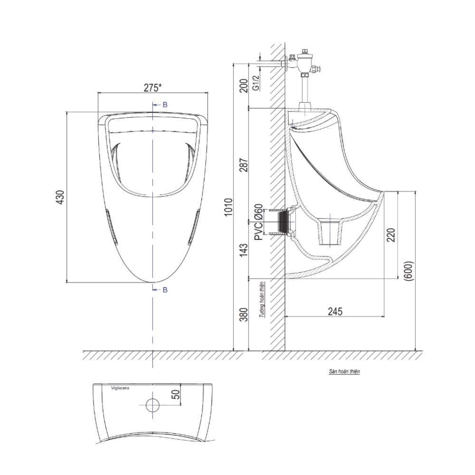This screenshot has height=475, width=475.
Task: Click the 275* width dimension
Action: tap(152, 87)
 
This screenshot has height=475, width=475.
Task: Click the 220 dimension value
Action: tap(391, 234)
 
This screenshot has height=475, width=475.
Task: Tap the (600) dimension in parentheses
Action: tap(409, 272)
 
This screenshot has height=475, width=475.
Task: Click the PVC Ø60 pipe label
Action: tap(258, 223)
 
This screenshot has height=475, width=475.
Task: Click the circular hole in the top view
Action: tap(152, 405)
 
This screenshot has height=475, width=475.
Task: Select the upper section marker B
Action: tap(165, 104)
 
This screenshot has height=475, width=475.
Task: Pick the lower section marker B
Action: tap(165, 289)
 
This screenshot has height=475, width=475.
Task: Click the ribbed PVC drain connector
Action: tap(284, 222)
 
